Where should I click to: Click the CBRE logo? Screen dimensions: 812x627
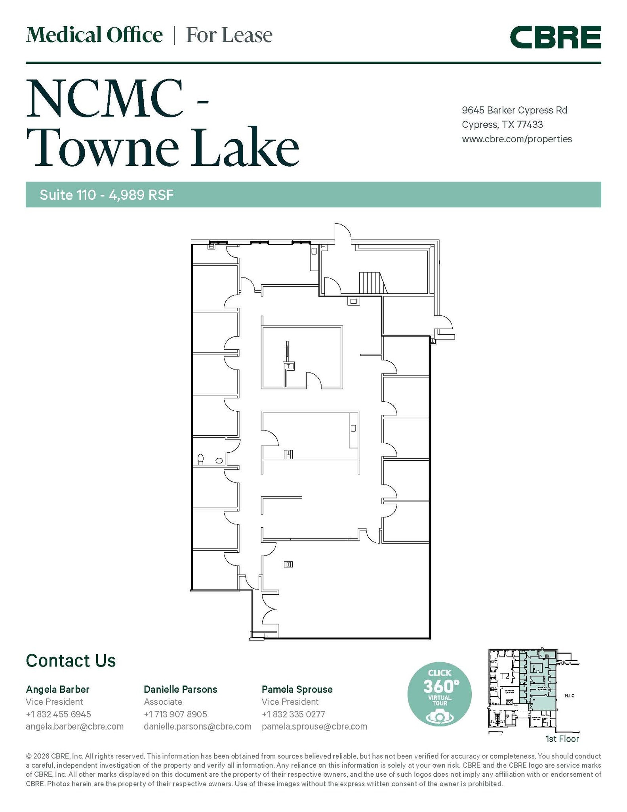pos(555,37)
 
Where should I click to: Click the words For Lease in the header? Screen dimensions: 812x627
pos(229,35)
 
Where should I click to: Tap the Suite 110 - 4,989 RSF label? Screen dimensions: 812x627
pos(107,195)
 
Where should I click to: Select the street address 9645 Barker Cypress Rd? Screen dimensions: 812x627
pos(515,110)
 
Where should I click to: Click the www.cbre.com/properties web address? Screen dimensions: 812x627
pos(516,139)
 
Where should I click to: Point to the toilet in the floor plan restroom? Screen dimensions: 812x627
pos(200,459)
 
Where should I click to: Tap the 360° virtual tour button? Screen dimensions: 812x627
pos(439,695)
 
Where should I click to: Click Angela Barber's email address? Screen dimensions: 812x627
pos(74,726)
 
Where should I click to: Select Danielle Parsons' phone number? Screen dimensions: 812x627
pos(175,714)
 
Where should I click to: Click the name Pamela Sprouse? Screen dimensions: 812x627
pos(297,689)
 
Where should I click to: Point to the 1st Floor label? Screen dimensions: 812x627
pos(562,739)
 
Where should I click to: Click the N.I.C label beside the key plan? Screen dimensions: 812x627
pos(570,696)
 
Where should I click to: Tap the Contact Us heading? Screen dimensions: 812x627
pos(71,661)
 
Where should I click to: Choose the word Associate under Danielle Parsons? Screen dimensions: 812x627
pos(163,702)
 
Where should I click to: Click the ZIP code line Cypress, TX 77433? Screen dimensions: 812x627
pos(502,125)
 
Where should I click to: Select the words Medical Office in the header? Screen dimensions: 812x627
pos(94,35)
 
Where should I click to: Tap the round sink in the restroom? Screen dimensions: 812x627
pos(219,461)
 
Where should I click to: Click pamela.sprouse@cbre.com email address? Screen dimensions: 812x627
pos(314,726)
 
